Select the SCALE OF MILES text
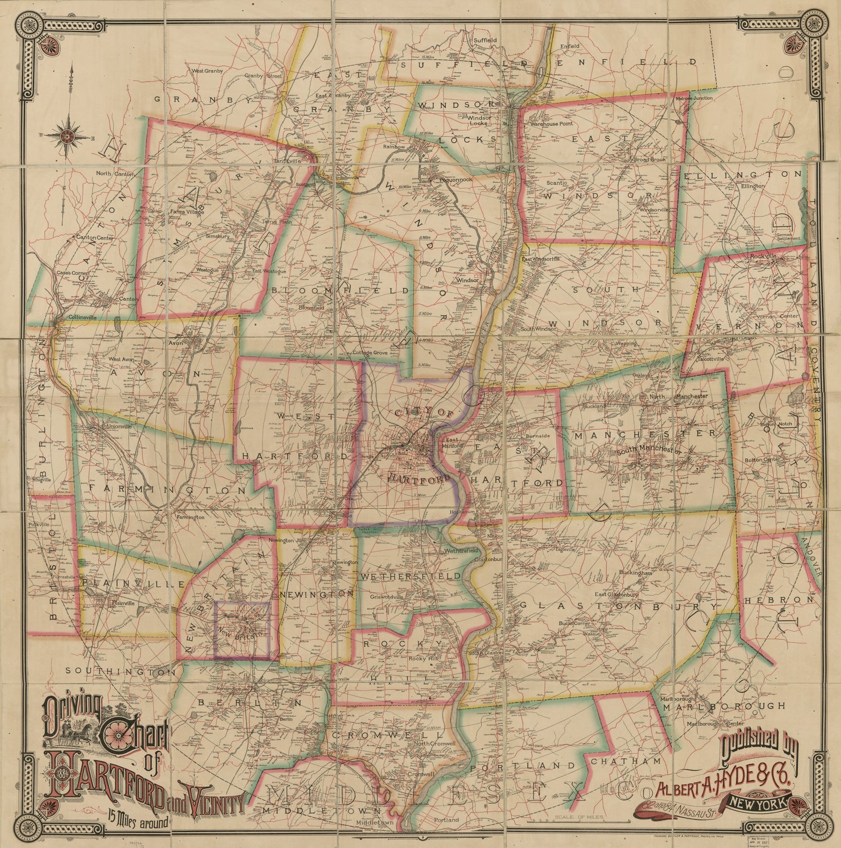tap(577, 818)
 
